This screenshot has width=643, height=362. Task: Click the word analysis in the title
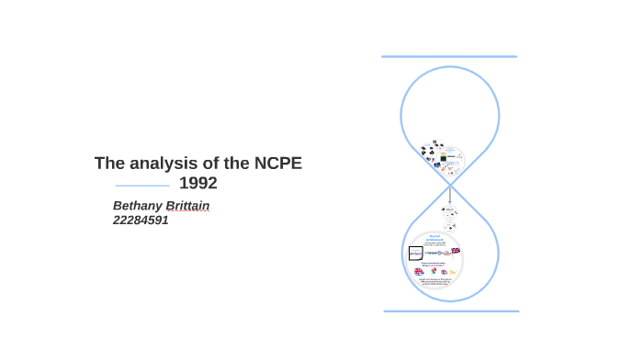[x=165, y=164]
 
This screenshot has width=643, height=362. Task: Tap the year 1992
[x=197, y=184]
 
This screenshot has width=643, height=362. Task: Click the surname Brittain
[x=186, y=206]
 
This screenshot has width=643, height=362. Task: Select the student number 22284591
[x=141, y=221]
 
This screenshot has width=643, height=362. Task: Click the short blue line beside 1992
[x=142, y=186]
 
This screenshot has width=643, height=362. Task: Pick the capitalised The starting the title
[x=109, y=164]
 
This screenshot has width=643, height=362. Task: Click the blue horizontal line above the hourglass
[x=449, y=57]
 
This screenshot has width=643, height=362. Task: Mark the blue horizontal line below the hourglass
[x=451, y=311]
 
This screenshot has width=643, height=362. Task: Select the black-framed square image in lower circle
[x=416, y=253]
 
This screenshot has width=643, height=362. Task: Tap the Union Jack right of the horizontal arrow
[x=456, y=251]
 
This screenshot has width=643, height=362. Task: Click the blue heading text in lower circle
[x=436, y=236]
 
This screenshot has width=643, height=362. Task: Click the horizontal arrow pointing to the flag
[x=438, y=252]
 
